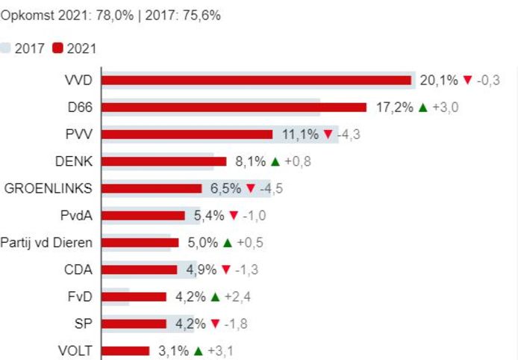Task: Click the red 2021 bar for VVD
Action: point(257,81)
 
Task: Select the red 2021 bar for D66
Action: point(234,108)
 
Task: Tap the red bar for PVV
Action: point(187,134)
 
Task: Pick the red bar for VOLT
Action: point(125,351)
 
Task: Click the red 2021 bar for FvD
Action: point(134,297)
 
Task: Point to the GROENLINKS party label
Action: point(49,188)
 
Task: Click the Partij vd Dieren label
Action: point(46,243)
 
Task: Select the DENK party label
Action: point(74,161)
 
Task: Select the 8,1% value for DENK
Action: point(249,161)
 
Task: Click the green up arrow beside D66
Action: point(422,108)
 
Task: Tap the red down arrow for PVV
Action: point(327,134)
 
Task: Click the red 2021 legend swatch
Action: point(57,49)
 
